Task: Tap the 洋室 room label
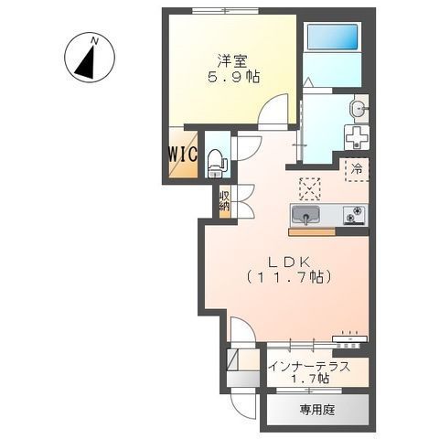tap(231, 62)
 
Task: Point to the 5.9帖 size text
tap(231, 79)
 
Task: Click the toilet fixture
tap(216, 162)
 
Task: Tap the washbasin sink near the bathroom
tap(359, 110)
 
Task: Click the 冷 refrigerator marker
tap(357, 168)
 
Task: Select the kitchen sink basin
tap(305, 216)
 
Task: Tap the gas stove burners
tap(354, 216)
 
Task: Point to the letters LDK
tap(286, 259)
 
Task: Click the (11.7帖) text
tap(287, 275)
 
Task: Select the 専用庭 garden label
tap(316, 410)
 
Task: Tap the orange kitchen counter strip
tap(311, 231)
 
